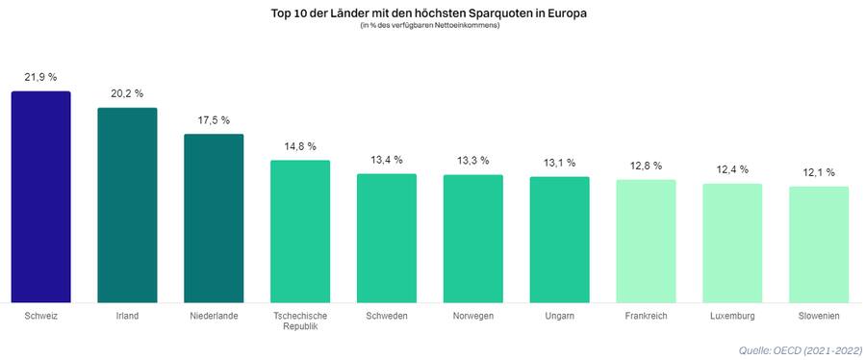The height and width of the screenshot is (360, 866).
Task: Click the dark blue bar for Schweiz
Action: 40,197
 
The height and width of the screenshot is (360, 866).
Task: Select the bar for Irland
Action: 127,205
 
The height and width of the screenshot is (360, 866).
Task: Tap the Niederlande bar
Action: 214,219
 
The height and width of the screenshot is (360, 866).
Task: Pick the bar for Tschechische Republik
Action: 300,231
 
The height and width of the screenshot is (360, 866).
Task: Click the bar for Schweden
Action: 387,239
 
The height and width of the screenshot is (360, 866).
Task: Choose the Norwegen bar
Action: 472,239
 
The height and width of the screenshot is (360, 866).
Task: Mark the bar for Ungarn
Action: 559,240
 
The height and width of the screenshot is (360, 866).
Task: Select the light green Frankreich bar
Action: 646,242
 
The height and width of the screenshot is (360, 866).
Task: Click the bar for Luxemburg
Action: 732,244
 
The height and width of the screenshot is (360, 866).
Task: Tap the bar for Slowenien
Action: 819,244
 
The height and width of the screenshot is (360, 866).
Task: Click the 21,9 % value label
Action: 40,77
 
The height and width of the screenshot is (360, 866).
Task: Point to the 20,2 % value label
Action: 127,93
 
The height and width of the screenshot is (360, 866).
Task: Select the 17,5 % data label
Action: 214,120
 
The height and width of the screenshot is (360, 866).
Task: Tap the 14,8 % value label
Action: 300,146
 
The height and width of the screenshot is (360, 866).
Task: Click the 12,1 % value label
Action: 819,172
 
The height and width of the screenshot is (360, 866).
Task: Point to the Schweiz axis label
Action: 40,316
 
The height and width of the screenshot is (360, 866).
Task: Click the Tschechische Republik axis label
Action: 300,321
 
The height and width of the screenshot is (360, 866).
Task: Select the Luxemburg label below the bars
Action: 732,316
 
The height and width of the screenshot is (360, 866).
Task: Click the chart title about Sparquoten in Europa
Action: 428,13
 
